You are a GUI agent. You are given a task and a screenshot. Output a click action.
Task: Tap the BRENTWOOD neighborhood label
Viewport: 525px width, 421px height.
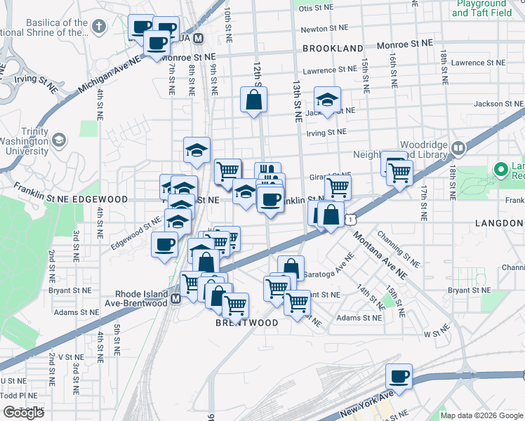(x=246, y=323)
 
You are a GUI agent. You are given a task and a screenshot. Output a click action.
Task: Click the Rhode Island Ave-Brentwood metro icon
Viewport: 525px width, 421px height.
(x=175, y=298)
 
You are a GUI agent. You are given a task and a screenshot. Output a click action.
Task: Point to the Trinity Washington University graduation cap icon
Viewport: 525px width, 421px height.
(x=59, y=140)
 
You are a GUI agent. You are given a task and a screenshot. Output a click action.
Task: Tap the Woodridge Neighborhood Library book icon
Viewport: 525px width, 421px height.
(x=458, y=148)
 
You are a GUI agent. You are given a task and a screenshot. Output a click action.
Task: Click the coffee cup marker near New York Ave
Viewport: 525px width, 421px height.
(x=399, y=377)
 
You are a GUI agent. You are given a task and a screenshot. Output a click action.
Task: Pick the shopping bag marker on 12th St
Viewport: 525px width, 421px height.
(x=253, y=100)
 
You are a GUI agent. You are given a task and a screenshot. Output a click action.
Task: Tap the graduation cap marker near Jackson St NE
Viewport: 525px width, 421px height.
(x=327, y=99)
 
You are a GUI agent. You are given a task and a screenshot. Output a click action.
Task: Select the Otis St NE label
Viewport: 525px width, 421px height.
(x=316, y=8)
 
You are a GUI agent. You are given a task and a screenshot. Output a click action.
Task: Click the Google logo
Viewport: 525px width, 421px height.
(x=23, y=413)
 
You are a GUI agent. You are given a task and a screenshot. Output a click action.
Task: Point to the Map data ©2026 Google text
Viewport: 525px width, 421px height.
(x=481, y=415)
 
